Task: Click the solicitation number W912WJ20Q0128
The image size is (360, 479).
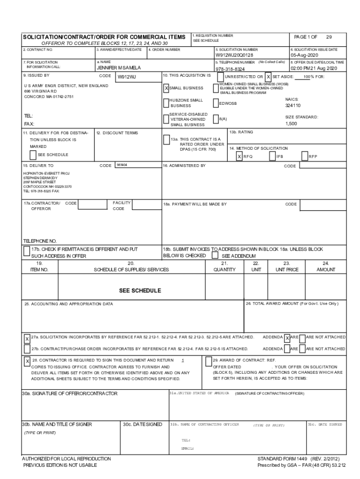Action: [234, 55]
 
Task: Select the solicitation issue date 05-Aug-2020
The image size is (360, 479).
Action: [304, 55]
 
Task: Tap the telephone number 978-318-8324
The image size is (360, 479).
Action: [230, 69]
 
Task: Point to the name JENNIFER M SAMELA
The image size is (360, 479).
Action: [119, 68]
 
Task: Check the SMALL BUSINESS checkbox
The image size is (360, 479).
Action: [166, 88]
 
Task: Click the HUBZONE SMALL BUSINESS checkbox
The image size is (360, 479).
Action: [166, 103]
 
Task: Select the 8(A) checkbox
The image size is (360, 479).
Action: [216, 119]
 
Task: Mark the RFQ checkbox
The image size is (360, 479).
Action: [239, 157]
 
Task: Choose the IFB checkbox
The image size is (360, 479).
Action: [273, 157]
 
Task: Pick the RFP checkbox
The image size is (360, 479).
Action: [304, 157]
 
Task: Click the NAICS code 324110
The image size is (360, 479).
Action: [292, 106]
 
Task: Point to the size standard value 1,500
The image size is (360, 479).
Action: [291, 124]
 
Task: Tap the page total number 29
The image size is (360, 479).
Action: [329, 37]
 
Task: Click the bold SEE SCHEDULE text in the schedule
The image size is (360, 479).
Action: [140, 290]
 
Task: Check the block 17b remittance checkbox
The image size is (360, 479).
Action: [27, 252]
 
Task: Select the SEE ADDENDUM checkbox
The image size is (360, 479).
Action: [215, 256]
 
